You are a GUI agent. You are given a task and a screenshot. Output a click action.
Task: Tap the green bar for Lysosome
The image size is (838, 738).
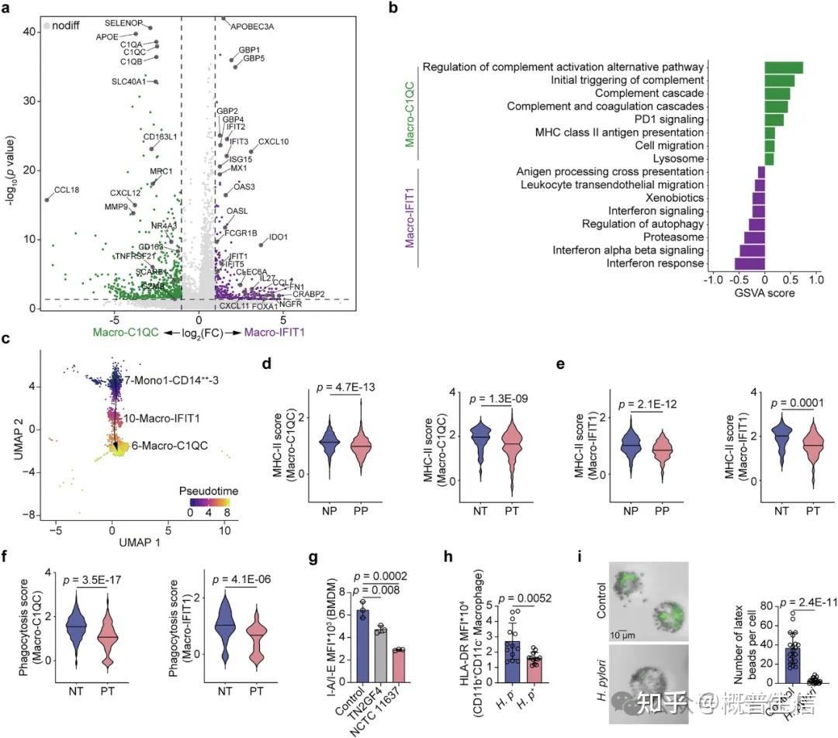tap(769, 159)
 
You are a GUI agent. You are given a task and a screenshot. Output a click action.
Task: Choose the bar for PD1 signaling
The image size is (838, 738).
tap(774, 119)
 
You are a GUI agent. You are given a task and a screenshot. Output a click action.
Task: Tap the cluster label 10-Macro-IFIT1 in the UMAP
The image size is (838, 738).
tap(158, 419)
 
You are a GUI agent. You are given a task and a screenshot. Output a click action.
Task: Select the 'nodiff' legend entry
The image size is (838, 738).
tap(68, 26)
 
